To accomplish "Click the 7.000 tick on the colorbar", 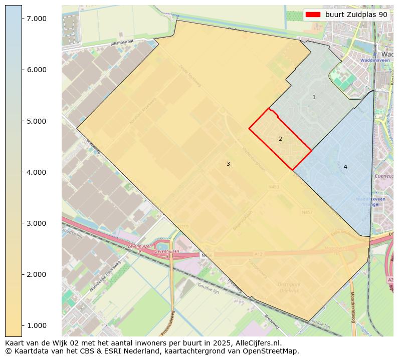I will coord(36,19).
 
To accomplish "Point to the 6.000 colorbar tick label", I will coord(36,70).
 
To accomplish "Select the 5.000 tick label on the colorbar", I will coord(36,121).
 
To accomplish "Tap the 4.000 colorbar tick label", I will coord(36,172).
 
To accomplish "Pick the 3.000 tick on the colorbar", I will coord(36,223).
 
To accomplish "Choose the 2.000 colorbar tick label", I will coord(36,274).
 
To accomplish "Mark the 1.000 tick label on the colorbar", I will coord(36,325).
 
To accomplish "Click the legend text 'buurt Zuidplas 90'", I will coord(356,15).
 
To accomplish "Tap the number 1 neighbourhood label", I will coord(314,98).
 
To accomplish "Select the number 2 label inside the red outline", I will coord(280,139).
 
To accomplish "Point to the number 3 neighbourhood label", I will coord(228,164).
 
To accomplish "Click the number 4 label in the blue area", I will coord(345,167).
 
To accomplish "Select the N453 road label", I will coord(274,187).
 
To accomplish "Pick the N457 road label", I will coord(307,213).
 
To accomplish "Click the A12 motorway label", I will coord(258,255).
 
